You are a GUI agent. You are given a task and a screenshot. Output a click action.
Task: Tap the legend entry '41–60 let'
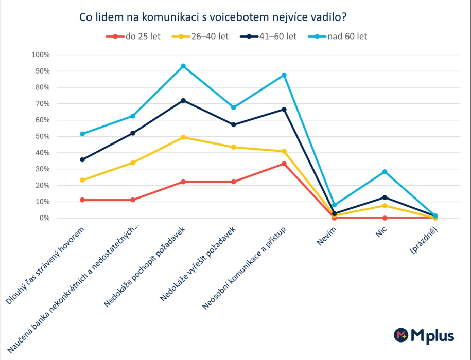pyautogui.click(x=271, y=37)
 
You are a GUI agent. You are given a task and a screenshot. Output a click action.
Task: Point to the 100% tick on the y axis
pyautogui.click(x=41, y=55)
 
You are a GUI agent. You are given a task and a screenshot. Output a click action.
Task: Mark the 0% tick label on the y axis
pyautogui.click(x=44, y=218)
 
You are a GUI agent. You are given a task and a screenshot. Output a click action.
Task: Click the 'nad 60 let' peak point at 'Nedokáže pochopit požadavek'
pyautogui.click(x=183, y=66)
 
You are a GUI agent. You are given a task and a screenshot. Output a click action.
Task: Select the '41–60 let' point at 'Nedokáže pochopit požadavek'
pyautogui.click(x=183, y=100)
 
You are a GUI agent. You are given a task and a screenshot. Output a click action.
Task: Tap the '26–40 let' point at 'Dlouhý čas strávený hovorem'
pyautogui.click(x=82, y=180)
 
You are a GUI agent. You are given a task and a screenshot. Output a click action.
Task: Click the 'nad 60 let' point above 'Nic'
pyautogui.click(x=385, y=172)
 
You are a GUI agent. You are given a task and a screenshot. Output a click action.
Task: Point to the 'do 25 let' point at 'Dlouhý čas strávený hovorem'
pyautogui.click(x=82, y=200)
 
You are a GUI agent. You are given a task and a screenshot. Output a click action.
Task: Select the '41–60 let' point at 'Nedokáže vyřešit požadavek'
pyautogui.click(x=234, y=124)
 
